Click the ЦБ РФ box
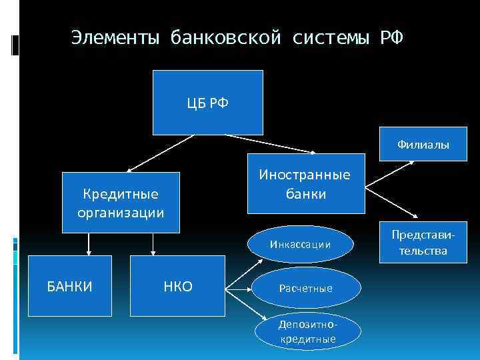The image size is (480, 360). (208, 102)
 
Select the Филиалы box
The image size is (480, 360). (423, 145)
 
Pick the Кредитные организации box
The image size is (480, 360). (121, 203)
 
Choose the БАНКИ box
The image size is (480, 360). (69, 286)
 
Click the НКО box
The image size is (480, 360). (177, 286)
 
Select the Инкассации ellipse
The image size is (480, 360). (300, 244)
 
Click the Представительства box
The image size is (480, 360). (419, 243)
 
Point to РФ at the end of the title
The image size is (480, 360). (391, 37)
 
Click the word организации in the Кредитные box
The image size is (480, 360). (121, 213)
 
